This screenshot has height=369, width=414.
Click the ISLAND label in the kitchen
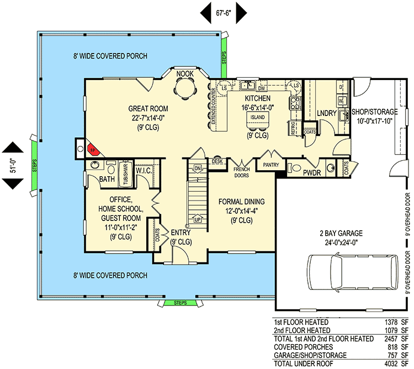tap(257, 118)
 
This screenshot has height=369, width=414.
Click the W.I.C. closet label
tap(145, 170)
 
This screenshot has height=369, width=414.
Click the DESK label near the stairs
tap(217, 161)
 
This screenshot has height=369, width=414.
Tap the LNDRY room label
tap(327, 113)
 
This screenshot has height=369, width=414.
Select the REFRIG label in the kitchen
tap(292, 128)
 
